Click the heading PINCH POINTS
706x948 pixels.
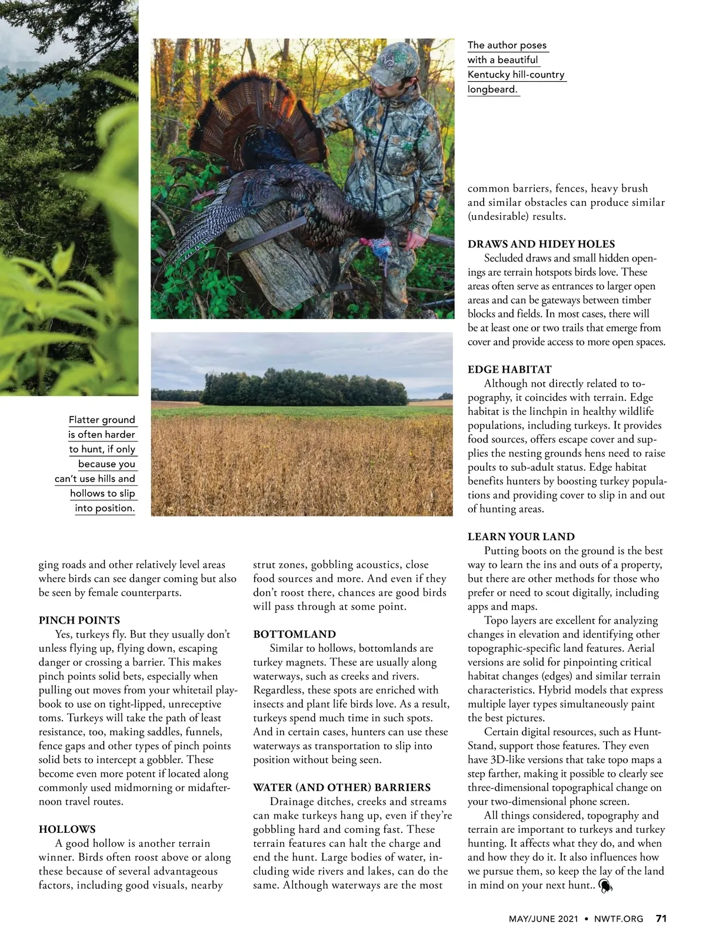(x=79, y=620)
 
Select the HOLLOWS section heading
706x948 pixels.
(x=67, y=829)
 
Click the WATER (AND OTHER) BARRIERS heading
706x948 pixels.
(x=342, y=788)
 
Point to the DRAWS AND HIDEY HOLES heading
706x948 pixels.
(x=541, y=244)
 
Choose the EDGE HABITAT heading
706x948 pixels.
(x=509, y=369)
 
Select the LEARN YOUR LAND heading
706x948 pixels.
(x=521, y=537)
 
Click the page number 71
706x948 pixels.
(x=661, y=919)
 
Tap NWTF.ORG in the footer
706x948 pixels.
(x=618, y=919)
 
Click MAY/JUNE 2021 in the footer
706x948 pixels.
(x=543, y=919)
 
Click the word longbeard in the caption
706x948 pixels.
(x=492, y=89)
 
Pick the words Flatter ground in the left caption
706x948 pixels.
(x=102, y=420)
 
